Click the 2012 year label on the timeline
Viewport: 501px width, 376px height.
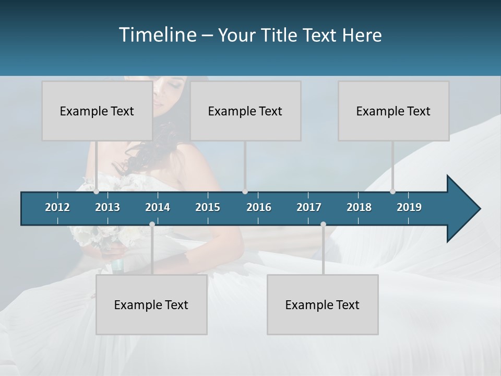(57, 207)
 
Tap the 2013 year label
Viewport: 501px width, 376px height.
(108, 207)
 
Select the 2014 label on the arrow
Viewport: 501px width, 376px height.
(158, 207)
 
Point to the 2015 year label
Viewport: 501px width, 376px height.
(208, 207)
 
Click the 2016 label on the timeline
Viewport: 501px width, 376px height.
(259, 207)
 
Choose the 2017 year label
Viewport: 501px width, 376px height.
(309, 207)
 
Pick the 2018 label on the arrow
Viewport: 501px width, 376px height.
(359, 207)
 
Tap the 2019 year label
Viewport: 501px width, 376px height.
(409, 207)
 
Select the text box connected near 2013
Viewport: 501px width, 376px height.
(97, 111)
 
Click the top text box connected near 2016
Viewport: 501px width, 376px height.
(245, 111)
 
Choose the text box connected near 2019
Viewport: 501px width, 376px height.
(393, 111)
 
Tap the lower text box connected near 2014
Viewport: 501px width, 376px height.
(151, 304)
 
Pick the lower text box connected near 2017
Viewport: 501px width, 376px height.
(323, 304)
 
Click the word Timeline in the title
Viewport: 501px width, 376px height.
(157, 35)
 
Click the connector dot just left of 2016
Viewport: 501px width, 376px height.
(245, 192)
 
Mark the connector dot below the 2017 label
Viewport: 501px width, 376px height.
(323, 225)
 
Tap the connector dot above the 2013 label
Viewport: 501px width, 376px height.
(97, 192)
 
